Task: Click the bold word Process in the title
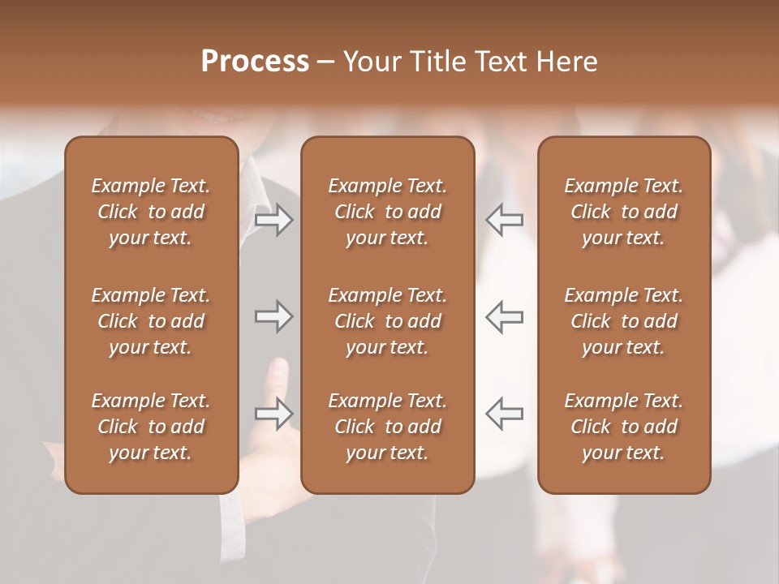(255, 62)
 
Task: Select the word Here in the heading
(568, 62)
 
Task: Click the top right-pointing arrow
(274, 220)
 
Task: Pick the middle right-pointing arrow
(274, 316)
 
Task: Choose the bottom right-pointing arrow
(274, 414)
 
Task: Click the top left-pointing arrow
(505, 220)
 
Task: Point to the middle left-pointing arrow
(505, 316)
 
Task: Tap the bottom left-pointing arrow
(505, 414)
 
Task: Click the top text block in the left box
(151, 212)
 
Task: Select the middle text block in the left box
(151, 321)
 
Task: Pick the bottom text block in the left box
(151, 427)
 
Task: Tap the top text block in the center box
(387, 212)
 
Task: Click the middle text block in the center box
(387, 321)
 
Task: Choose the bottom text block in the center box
(387, 427)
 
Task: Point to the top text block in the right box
(623, 212)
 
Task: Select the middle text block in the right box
(623, 321)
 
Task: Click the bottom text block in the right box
(623, 427)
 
